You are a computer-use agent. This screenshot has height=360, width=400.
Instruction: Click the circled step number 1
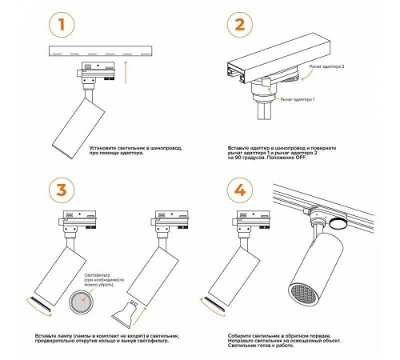click(62, 24)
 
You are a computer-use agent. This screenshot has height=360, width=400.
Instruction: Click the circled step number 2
click(240, 24)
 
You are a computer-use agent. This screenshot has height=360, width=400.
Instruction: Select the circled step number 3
click(62, 190)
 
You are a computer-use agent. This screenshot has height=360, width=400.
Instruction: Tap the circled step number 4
click(240, 190)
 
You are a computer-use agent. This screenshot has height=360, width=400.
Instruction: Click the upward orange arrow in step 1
click(126, 72)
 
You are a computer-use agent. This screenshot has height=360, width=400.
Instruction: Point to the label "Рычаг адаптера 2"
click(326, 66)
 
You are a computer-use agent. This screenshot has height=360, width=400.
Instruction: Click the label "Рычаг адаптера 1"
click(298, 99)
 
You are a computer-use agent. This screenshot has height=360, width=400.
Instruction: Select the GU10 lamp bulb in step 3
click(125, 314)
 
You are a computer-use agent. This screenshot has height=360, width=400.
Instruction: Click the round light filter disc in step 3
click(82, 302)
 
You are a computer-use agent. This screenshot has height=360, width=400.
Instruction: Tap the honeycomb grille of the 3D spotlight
click(302, 295)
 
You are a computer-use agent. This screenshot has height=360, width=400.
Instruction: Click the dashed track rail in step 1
click(100, 51)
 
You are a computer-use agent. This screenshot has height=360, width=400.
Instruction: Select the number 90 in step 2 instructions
click(238, 158)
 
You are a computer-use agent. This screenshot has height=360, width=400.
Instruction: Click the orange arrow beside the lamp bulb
click(139, 317)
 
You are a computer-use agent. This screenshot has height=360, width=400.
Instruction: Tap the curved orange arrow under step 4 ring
click(211, 309)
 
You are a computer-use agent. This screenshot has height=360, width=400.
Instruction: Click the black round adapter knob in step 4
click(338, 222)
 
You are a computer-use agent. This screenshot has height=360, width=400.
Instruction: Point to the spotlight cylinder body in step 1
click(78, 128)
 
